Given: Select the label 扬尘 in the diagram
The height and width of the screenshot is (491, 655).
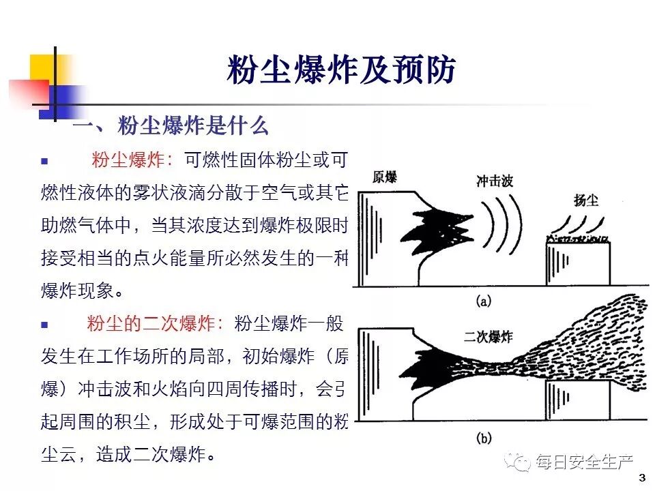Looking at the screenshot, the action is (586, 200).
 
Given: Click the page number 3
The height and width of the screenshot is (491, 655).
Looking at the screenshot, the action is (641, 477).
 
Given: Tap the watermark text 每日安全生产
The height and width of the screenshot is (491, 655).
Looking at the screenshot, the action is (585, 463).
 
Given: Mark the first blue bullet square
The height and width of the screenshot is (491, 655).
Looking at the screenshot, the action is (45, 162).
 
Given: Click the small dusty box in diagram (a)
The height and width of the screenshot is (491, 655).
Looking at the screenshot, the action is (577, 266).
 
